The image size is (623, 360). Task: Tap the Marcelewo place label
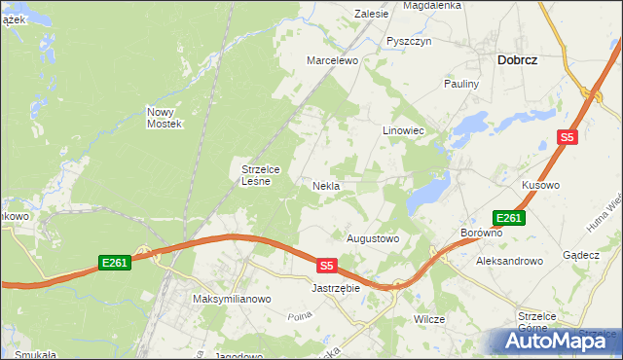pyautogui.click(x=333, y=60)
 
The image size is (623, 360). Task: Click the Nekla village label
pyautogui.click(x=325, y=185)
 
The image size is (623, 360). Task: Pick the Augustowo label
pyautogui.click(x=373, y=237)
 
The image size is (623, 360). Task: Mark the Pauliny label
pyautogui.click(x=462, y=84)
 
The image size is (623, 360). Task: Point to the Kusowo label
pyautogui.click(x=540, y=185)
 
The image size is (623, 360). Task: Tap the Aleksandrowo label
pyautogui.click(x=508, y=261)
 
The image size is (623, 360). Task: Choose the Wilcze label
pyautogui.click(x=429, y=319)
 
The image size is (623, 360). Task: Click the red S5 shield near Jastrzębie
pyautogui.click(x=326, y=265)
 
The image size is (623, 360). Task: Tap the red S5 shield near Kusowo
pyautogui.click(x=568, y=138)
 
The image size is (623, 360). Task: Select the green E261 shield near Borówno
pyautogui.click(x=509, y=218)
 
